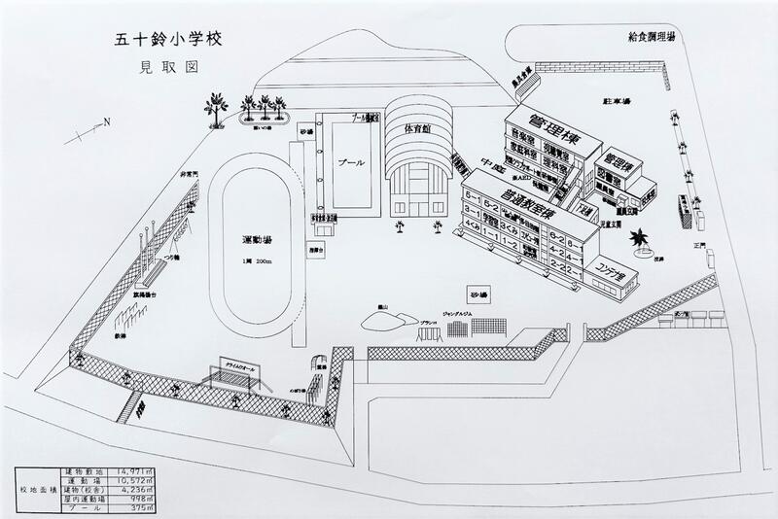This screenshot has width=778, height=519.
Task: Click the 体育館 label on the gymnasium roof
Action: [415, 127]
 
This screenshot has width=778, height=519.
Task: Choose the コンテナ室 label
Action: [610, 266]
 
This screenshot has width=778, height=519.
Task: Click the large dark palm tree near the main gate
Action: [643, 233]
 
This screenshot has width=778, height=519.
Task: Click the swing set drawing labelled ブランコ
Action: [429, 333]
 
